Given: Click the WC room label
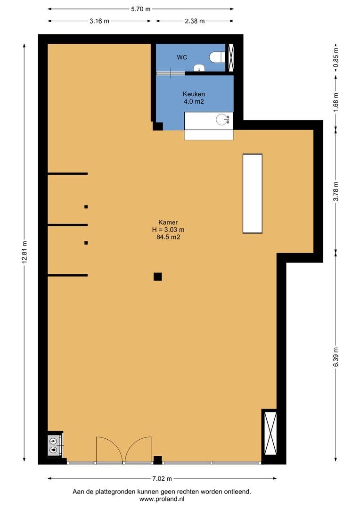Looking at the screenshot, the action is tap(182, 57).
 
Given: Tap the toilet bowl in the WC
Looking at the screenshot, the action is tap(215, 57).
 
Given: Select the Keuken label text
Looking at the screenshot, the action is tap(194, 94).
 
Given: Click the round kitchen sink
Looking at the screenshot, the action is tap(223, 119).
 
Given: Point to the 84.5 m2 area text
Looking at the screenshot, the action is tap(168, 237).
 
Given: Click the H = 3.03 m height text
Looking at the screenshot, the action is tap(168, 230).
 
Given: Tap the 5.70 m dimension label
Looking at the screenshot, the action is tap(140, 9).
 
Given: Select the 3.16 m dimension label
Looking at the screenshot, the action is tap(99, 21).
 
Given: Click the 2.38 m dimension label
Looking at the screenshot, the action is tap(195, 21).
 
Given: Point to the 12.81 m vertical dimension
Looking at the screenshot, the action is tap(25, 253).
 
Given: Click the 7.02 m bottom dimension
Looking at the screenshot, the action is tap(162, 478).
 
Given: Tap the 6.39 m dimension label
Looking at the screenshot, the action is tap(336, 357).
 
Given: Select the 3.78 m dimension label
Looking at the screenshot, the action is tap(336, 191).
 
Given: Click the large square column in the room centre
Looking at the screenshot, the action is tap(158, 277).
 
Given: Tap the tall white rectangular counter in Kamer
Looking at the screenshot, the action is tap(253, 194).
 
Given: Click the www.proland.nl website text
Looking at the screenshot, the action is tap(162, 499).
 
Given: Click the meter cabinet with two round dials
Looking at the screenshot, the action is tap(53, 445).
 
